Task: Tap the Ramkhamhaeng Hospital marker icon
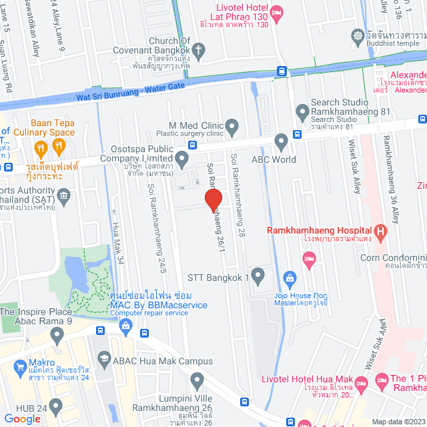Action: point(380,232)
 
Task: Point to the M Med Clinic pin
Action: point(232,125)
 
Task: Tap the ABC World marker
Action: point(281,141)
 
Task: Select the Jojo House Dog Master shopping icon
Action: point(290,277)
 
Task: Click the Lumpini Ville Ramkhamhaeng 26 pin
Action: point(197,381)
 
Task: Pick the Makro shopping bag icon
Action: point(19,366)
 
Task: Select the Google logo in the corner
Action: point(23,418)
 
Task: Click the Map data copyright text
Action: point(398,422)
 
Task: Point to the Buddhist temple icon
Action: point(360,35)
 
